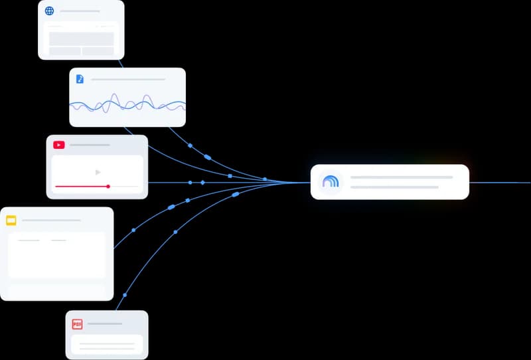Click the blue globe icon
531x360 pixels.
pos(49,11)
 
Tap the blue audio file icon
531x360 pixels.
pos(80,79)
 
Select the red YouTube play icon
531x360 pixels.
pos(59,145)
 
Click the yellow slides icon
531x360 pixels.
pos(11,221)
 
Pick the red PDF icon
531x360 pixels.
pos(77,324)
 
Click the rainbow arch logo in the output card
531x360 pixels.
pos(331,182)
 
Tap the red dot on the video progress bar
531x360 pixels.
pos(108,187)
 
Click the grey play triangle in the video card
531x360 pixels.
pos(98,173)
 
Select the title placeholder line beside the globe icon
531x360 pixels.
pos(80,11)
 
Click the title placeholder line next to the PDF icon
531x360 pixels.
pos(105,323)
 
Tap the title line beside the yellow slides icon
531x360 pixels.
pos(52,221)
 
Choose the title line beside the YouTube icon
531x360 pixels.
pos(90,145)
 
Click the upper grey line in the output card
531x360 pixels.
pos(402,177)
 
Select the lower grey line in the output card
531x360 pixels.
pos(394,187)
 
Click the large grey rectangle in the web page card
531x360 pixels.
pos(81,39)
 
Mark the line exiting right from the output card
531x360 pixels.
pos(500,183)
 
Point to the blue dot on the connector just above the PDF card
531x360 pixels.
pos(125,296)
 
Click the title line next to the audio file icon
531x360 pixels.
pos(128,79)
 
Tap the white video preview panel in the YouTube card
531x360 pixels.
pos(97,174)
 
